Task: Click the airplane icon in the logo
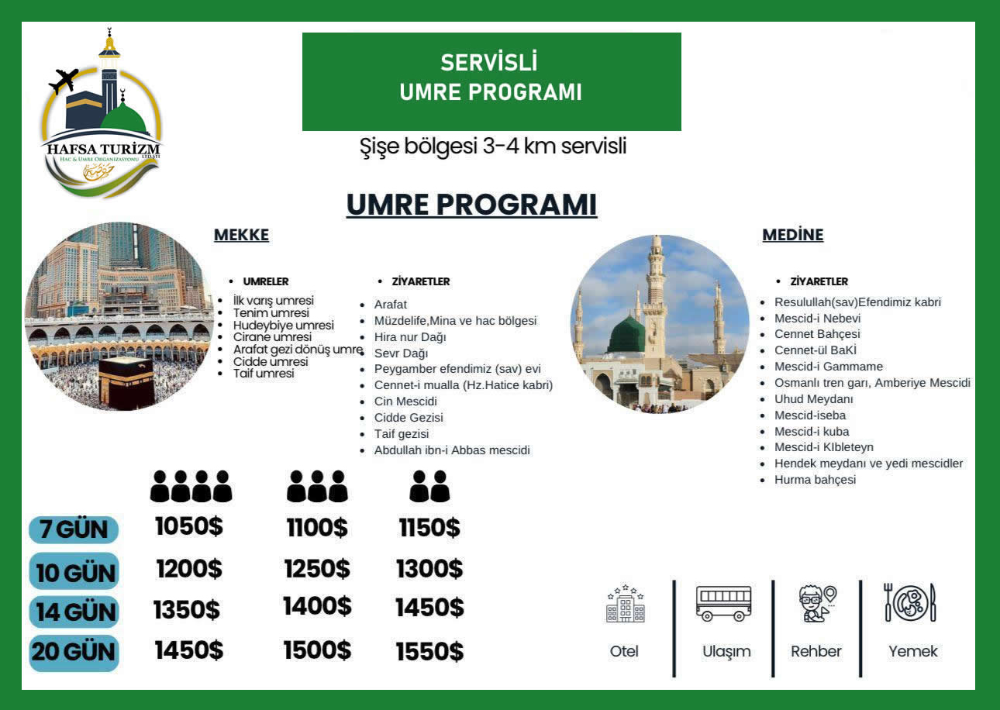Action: [64, 81]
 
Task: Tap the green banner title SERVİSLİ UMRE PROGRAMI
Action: [491, 78]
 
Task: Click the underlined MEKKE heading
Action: [241, 236]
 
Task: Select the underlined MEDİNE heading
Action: [792, 235]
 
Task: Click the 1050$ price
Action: [188, 526]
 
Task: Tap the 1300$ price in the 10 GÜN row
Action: [429, 570]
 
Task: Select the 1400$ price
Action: [317, 606]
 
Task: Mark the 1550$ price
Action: [429, 652]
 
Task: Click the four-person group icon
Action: [191, 487]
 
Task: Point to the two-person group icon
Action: [429, 487]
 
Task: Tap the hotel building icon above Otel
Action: [625, 604]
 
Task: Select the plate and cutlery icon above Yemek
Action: [911, 602]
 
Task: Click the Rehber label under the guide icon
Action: [816, 651]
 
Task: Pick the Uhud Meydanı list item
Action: [813, 399]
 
